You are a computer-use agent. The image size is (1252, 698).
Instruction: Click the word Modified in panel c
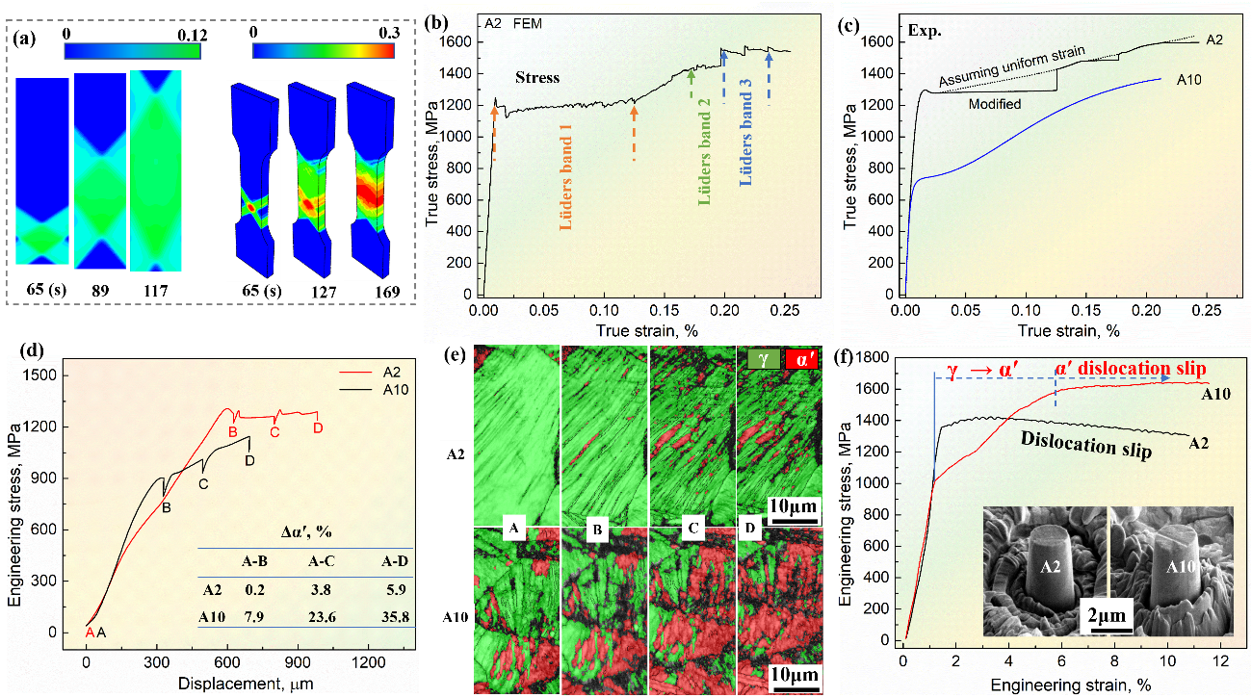(x=995, y=103)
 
